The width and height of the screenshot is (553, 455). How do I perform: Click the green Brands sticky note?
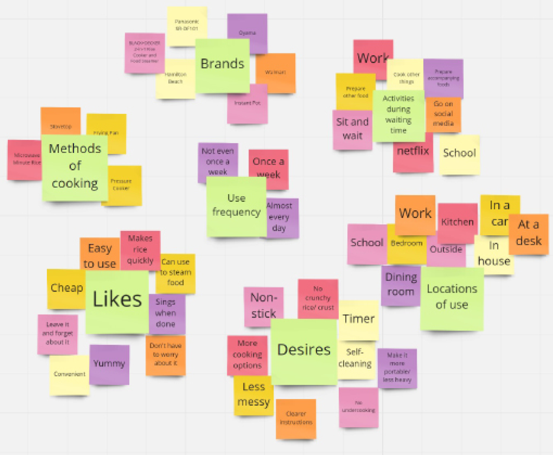click(222, 65)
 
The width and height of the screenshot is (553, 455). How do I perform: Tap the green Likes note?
click(117, 301)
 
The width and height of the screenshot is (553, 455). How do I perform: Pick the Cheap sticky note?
click(66, 288)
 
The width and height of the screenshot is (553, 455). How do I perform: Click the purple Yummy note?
click(109, 364)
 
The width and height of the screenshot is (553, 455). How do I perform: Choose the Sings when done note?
click(166, 313)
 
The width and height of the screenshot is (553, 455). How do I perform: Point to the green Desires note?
click(304, 351)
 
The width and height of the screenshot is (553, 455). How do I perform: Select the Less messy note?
click(254, 395)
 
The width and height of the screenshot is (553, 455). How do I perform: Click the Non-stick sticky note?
click(263, 306)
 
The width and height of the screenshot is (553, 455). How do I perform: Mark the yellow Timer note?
click(359, 320)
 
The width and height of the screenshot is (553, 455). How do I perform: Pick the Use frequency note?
click(236, 206)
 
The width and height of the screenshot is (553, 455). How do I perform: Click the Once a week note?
click(268, 169)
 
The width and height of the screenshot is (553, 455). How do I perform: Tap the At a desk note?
click(529, 233)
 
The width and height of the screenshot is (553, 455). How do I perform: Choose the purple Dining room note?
click(401, 285)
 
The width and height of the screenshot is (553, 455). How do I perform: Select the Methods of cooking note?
click(75, 167)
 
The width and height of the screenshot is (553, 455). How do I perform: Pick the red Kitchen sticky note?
click(457, 222)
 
